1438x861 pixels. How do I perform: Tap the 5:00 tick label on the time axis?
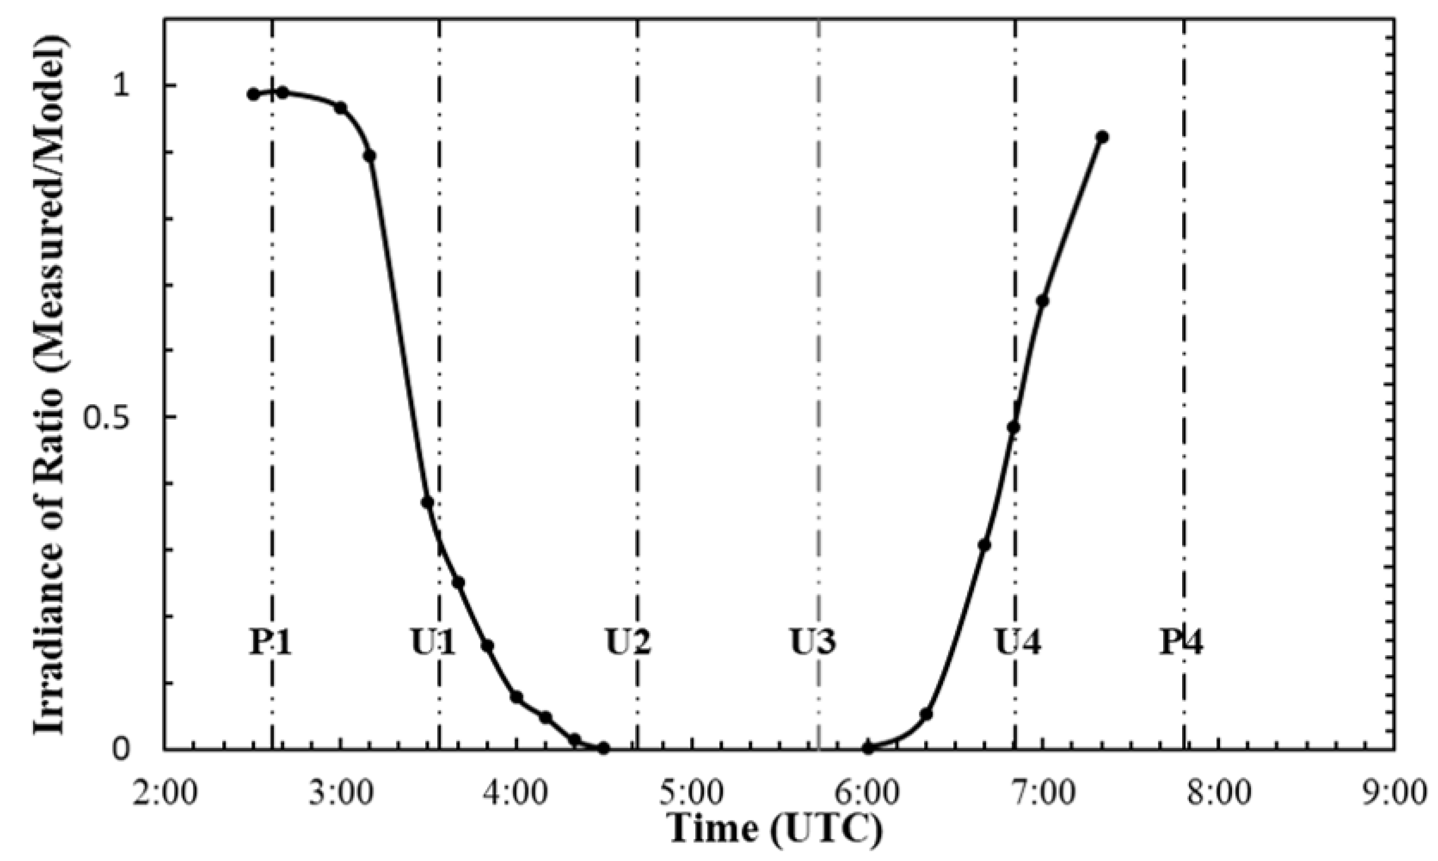[x=691, y=793]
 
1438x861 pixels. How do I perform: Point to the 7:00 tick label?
[x=1043, y=793]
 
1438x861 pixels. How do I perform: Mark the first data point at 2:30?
[x=253, y=94]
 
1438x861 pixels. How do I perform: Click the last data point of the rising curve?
[x=1102, y=137]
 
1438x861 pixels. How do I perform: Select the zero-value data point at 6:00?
[x=868, y=749]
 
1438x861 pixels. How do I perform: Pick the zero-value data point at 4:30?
[x=604, y=749]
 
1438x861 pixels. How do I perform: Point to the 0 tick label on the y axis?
[x=120, y=749]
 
